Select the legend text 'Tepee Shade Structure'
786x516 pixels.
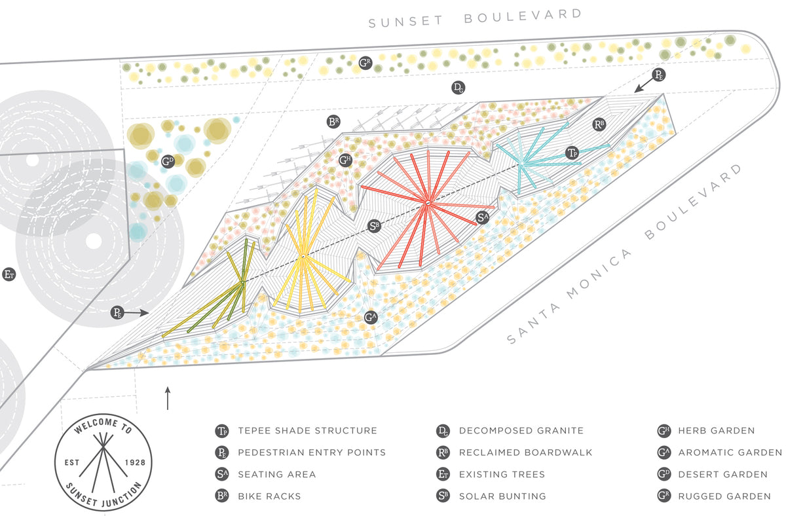(x=307, y=431)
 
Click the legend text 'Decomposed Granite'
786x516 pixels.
(x=521, y=431)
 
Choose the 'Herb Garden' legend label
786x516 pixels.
(x=716, y=431)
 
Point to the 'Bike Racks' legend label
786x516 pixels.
(x=269, y=496)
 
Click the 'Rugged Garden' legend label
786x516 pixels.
(x=724, y=496)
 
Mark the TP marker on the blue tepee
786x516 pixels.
(x=572, y=153)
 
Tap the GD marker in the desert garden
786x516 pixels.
(x=168, y=161)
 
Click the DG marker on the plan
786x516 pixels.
(x=458, y=88)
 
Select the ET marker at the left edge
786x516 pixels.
(x=9, y=274)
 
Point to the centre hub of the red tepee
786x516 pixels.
(x=426, y=204)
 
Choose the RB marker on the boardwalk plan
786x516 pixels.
(x=598, y=124)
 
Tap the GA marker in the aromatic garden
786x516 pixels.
(x=371, y=318)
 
